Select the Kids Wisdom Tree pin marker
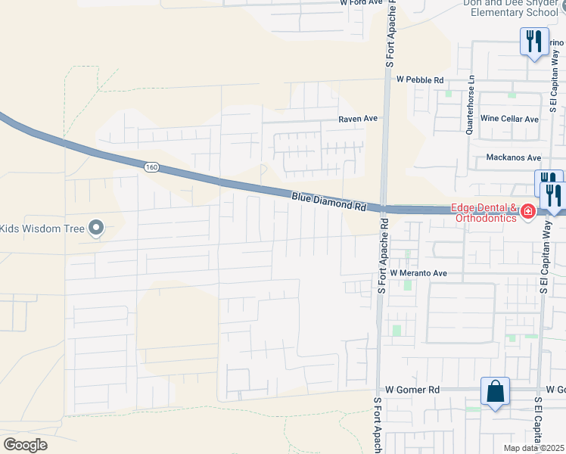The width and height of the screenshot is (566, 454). [96, 228]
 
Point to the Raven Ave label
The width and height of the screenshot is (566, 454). [357, 119]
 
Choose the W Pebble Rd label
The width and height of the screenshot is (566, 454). [419, 79]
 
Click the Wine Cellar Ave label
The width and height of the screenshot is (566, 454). [509, 119]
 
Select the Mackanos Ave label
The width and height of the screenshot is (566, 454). [515, 157]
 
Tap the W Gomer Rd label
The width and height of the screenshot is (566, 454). [412, 389]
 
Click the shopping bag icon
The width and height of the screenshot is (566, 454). [496, 392]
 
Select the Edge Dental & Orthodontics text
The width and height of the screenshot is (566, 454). [484, 213]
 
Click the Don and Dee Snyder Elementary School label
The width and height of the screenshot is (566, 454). [514, 8]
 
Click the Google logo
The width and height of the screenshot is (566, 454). [26, 444]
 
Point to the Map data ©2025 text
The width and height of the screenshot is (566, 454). [533, 448]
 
